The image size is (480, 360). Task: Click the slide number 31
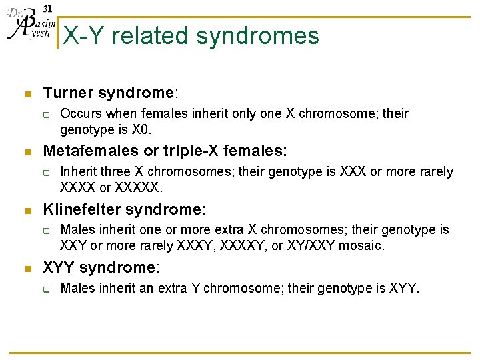[47, 9]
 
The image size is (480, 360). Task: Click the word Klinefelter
[81, 209]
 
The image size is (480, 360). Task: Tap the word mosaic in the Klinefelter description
[361, 245]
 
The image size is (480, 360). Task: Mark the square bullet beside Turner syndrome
[26, 94]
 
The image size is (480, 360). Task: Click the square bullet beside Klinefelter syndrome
[26, 210]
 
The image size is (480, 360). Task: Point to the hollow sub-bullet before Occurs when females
[47, 115]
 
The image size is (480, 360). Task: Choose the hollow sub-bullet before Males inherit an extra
[47, 289]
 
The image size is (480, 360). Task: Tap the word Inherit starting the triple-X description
[78, 172]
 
